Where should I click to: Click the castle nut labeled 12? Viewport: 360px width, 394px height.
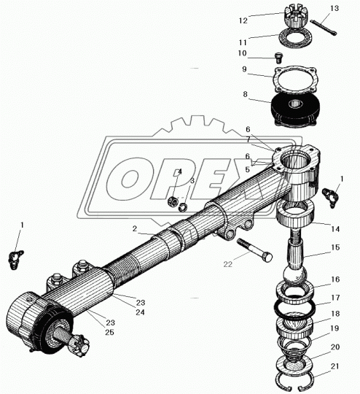click(x=294, y=17)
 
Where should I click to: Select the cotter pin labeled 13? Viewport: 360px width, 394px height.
click(x=324, y=28)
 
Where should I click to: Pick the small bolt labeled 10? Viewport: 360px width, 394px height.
click(x=278, y=58)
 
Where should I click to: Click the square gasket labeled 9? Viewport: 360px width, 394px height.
click(x=296, y=80)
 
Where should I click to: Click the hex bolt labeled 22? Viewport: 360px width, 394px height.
click(x=254, y=250)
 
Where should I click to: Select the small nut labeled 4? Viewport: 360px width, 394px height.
click(x=173, y=201)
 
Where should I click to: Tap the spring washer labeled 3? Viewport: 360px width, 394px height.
click(x=183, y=208)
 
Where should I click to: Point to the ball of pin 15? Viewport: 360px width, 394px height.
click(x=295, y=276)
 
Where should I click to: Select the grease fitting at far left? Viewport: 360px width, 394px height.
click(x=16, y=259)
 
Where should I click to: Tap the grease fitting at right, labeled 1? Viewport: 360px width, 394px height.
click(x=329, y=197)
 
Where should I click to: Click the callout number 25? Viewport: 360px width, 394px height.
click(x=109, y=333)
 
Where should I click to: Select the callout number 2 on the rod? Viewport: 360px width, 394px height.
click(x=135, y=228)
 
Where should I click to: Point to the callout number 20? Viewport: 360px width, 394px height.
click(x=335, y=347)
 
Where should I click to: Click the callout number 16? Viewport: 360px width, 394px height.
click(x=335, y=279)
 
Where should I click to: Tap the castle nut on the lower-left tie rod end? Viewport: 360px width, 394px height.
click(x=81, y=347)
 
